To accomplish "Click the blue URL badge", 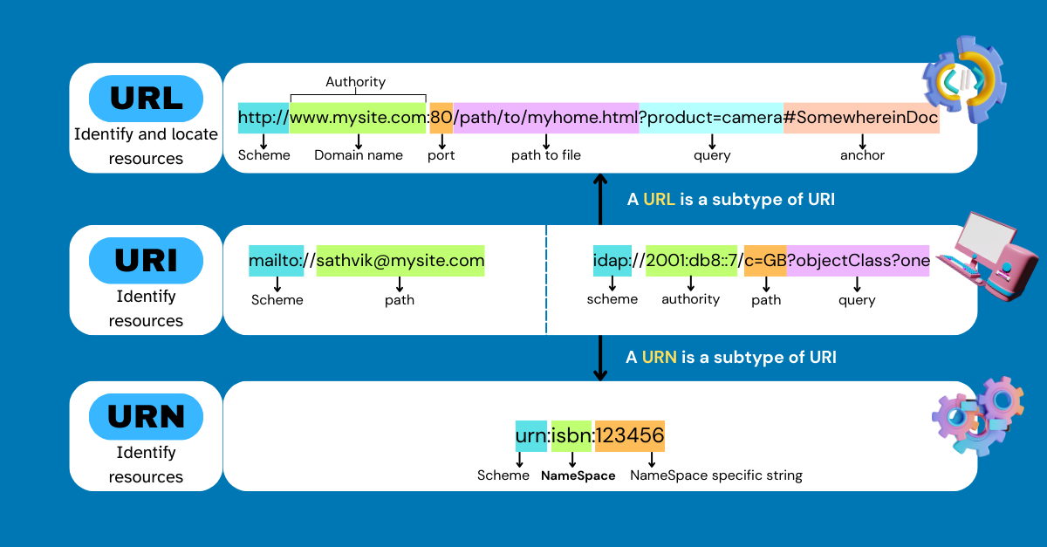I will click(146, 99).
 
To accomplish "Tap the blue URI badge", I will click(146, 261).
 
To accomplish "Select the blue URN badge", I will click(146, 417).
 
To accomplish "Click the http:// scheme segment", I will click(263, 118).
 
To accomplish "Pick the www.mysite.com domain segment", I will click(358, 118).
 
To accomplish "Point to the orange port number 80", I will click(441, 118).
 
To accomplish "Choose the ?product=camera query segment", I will click(711, 118).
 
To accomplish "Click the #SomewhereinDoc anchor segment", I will click(861, 118).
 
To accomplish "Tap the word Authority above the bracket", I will click(355, 82).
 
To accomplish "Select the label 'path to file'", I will click(546, 155).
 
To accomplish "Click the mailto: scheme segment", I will click(276, 261).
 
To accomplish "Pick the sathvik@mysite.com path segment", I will click(400, 261).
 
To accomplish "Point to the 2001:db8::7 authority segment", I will click(691, 261).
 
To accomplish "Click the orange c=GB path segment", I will click(765, 261).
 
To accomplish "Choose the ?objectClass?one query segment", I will click(858, 261).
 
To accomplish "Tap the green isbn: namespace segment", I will click(571, 435).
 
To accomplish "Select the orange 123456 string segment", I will click(629, 435).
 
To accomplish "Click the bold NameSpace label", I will click(578, 476).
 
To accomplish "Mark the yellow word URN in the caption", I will click(660, 357).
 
